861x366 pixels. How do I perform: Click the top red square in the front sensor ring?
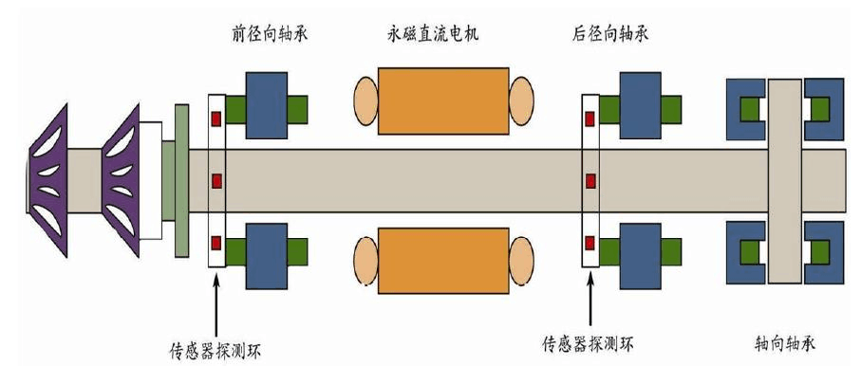(x=216, y=119)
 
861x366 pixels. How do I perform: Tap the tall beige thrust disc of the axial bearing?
(x=785, y=180)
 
